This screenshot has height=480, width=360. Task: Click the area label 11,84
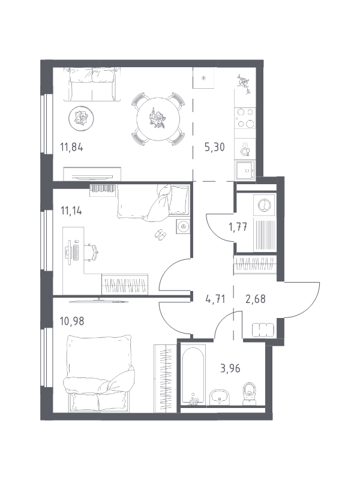[x=71, y=147]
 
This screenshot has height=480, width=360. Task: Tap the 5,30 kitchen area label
[x=214, y=147]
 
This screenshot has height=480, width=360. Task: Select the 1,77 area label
[x=238, y=227]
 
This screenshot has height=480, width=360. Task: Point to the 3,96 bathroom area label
[x=230, y=368]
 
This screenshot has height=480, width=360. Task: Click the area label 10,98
[x=72, y=321]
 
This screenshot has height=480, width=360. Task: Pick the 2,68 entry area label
[x=256, y=299]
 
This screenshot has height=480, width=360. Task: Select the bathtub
[x=193, y=375]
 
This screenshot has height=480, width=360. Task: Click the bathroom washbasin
[x=220, y=397]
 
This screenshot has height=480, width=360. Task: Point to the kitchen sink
[x=245, y=170]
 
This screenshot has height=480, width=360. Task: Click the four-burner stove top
[x=245, y=118]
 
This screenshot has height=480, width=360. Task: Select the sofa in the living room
[x=92, y=84]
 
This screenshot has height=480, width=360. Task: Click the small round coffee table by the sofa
[x=81, y=118]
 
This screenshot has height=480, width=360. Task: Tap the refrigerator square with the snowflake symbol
[x=203, y=78]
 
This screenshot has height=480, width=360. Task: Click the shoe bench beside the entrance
[x=263, y=330]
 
